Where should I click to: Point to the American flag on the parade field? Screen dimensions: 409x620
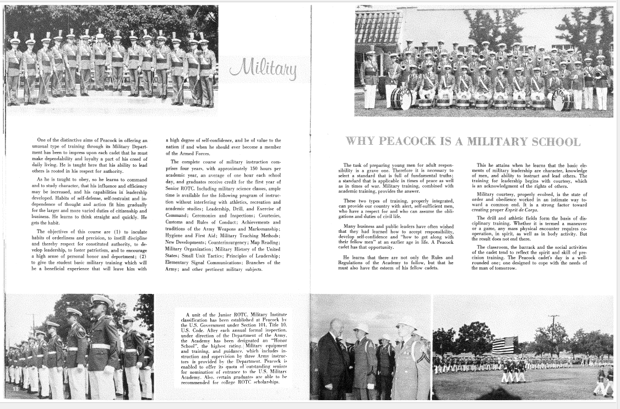(x=504, y=345)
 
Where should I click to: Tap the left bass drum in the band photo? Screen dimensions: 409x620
(x=401, y=98)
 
